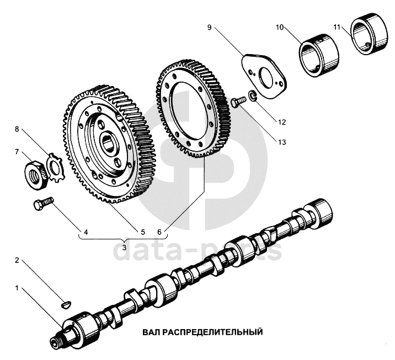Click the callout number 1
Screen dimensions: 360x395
[x=17, y=288]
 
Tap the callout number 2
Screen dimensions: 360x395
[x=17, y=260]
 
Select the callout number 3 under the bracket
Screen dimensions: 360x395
[x=125, y=248]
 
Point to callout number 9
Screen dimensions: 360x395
[x=210, y=26]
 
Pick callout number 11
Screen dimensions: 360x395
[x=337, y=26]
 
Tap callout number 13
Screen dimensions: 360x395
[x=282, y=142]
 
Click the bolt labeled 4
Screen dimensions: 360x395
[x=42, y=205]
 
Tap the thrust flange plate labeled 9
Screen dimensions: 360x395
[x=265, y=78]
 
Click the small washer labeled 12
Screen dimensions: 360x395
[x=251, y=97]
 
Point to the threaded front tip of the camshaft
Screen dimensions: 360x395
[x=57, y=343]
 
